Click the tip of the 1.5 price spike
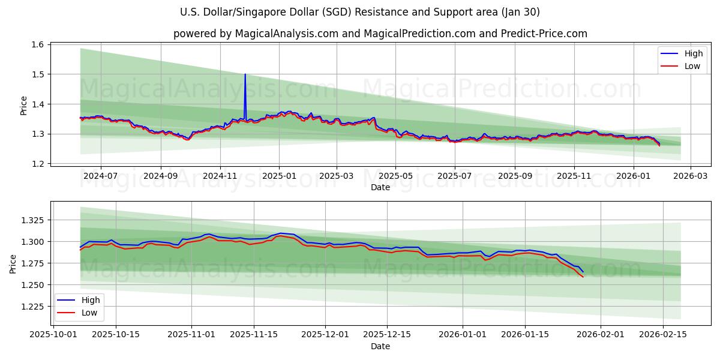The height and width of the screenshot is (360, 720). pyautogui.click(x=245, y=74)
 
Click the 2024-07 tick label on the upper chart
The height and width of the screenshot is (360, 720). pyautogui.click(x=100, y=176)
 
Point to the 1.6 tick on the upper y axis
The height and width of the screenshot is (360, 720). pyautogui.click(x=37, y=44)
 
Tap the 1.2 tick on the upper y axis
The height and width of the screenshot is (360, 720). pyautogui.click(x=37, y=164)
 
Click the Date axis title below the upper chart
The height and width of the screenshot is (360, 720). pyautogui.click(x=380, y=187)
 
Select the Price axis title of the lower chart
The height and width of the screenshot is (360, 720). pyautogui.click(x=14, y=263)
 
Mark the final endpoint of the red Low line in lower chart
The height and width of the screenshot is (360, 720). pyautogui.click(x=583, y=277)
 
